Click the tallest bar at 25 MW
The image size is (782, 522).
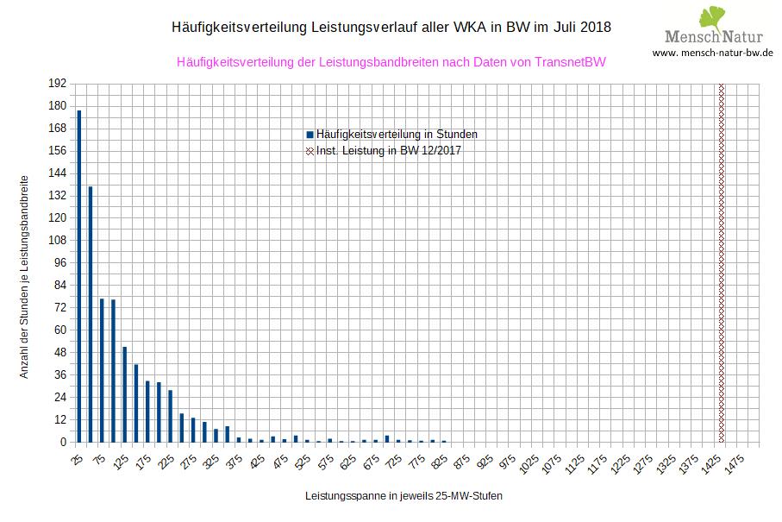tap(79, 276)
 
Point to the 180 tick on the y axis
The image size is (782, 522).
tap(57, 105)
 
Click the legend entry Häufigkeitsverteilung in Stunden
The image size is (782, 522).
tap(397, 135)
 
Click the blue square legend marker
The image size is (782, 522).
tap(310, 135)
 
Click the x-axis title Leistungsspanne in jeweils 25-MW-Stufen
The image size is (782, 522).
tap(403, 497)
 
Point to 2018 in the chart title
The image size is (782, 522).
tap(592, 27)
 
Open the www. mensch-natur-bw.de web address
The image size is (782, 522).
tap(712, 53)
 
